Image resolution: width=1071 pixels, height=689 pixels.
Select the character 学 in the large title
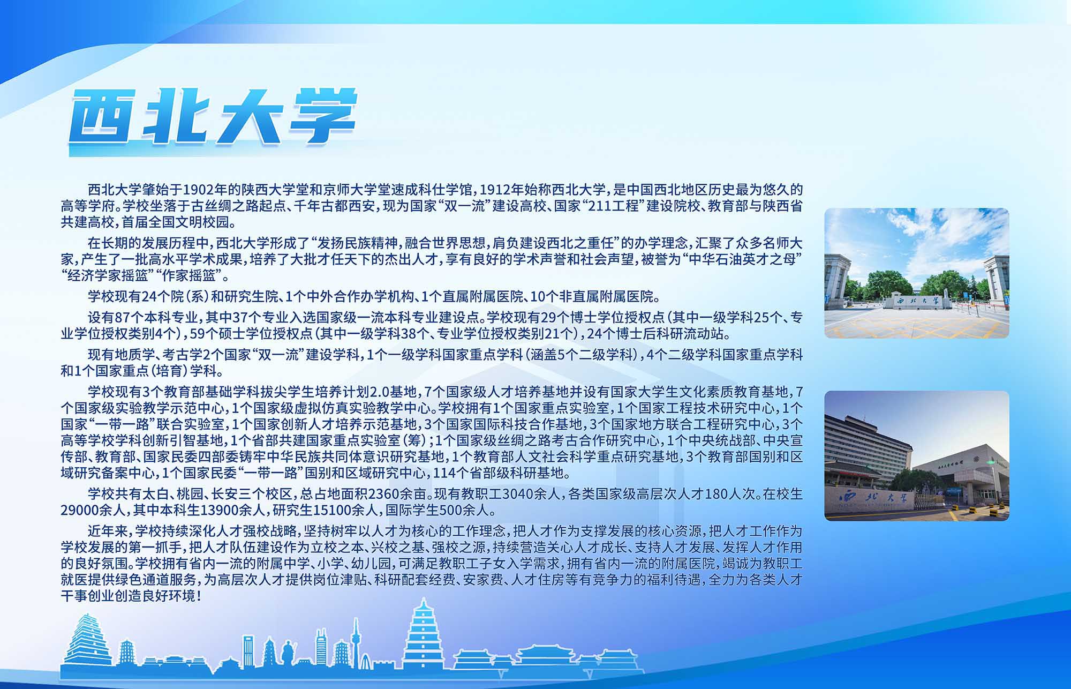point(319,116)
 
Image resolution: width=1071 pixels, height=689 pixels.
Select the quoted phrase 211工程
point(611,206)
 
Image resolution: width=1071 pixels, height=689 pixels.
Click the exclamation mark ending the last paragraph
point(199,596)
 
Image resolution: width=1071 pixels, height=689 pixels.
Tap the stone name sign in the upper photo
point(917,301)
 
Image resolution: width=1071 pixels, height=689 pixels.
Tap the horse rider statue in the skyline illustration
point(289,653)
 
